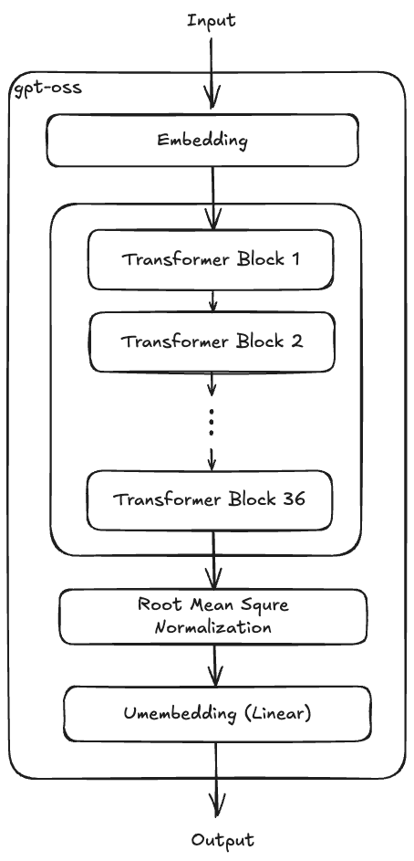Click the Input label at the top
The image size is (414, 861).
pos(212,19)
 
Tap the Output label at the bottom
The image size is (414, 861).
pos(223,840)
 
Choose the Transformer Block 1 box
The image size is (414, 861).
pos(212,258)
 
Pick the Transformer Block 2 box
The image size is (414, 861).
pos(212,342)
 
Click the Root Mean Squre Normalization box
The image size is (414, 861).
pos(213,616)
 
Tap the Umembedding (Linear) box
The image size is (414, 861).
pos(216,713)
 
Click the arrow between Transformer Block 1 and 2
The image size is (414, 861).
pos(212,300)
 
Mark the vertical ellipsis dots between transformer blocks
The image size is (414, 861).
pos(212,423)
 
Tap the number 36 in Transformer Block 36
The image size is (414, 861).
pos(292,499)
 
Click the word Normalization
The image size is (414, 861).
pos(213,627)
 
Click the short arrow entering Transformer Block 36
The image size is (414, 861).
pos(212,457)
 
